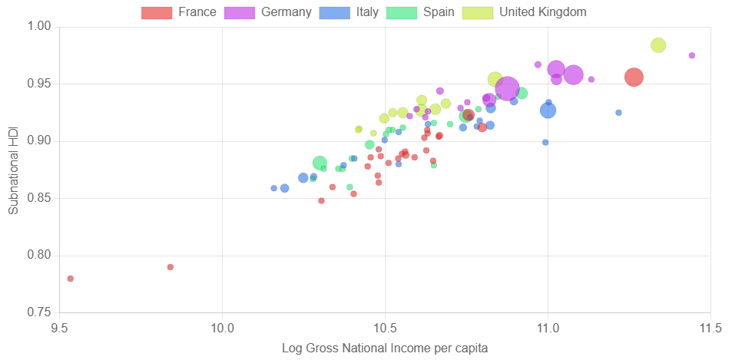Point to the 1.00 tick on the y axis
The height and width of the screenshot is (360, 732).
click(39, 26)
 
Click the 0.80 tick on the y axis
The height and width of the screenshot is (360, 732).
click(39, 256)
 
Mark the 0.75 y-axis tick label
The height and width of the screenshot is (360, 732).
click(39, 312)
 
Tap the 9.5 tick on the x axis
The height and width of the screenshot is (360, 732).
click(59, 329)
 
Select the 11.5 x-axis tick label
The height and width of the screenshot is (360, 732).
click(710, 329)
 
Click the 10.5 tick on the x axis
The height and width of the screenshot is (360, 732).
click(385, 329)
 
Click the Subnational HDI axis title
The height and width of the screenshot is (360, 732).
click(13, 170)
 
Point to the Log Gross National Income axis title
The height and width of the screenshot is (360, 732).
click(385, 348)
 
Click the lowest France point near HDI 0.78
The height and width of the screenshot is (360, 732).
click(71, 279)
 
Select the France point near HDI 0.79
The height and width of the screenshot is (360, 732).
click(171, 267)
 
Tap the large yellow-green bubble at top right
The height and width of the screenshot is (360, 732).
click(658, 45)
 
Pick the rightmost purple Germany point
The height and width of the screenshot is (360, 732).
click(692, 55)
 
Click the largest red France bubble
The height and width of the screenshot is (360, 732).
click(634, 77)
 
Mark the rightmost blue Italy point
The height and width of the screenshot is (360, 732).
click(618, 113)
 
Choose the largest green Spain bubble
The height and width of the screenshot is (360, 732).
click(320, 163)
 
